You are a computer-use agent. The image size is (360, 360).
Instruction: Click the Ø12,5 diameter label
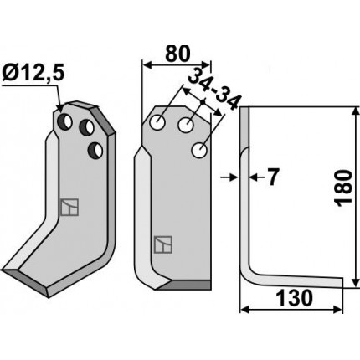[x=33, y=74]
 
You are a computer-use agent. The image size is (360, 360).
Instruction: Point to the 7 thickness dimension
[x=271, y=177]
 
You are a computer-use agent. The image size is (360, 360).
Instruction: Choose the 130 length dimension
[x=294, y=297]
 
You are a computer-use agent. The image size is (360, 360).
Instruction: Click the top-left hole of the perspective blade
[x=65, y=121]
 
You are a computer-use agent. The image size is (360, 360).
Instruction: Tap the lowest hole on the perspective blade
[x=95, y=150]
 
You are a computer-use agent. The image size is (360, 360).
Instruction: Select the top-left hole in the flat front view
[x=157, y=122]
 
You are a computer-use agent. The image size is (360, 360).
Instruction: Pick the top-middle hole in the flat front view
[x=186, y=126]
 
